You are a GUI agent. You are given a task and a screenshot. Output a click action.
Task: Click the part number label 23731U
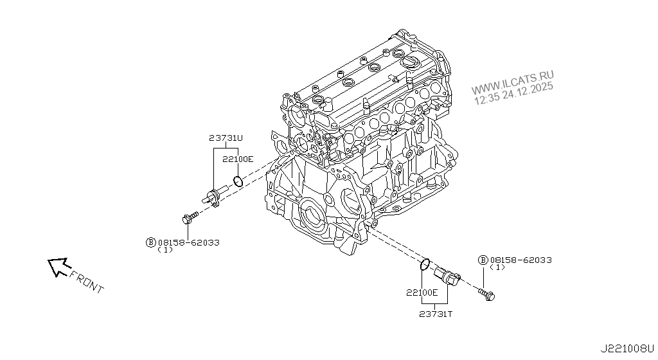226,138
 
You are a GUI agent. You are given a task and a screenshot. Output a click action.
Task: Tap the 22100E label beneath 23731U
239,159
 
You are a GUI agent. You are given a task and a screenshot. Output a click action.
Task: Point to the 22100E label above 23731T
422,292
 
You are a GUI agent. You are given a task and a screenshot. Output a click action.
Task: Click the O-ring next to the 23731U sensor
238,181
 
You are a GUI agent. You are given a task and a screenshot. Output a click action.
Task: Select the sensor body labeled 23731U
215,195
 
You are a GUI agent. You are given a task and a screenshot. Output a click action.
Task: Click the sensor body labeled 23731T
447,278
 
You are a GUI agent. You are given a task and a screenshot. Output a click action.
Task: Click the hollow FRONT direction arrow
58,267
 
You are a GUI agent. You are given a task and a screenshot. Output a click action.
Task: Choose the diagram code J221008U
627,350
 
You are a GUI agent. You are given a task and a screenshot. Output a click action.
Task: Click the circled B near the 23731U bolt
151,242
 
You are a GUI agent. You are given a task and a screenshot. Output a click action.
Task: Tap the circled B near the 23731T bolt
483,260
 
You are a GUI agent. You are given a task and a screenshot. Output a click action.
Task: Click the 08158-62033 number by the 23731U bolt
189,242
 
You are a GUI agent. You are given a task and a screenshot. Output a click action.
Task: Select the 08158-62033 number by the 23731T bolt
520,260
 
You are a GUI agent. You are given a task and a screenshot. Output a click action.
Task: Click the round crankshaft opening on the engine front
314,216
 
